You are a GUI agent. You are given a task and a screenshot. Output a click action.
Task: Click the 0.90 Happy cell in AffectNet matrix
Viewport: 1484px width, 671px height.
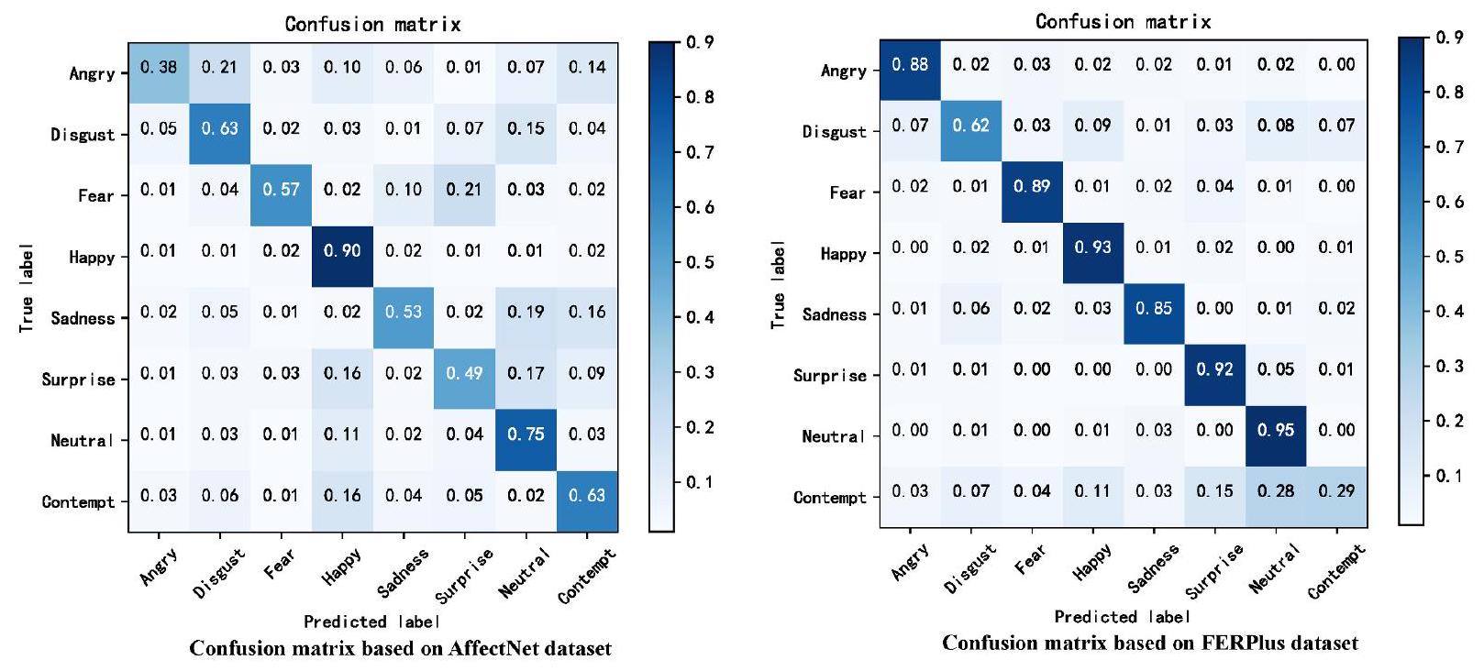342,250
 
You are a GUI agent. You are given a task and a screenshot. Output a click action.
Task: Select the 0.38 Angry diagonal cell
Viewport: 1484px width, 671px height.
159,67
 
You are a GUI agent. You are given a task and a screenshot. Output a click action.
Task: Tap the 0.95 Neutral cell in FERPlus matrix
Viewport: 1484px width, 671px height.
1276,430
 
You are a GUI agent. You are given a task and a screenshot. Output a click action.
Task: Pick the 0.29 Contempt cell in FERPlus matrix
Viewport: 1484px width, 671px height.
1336,491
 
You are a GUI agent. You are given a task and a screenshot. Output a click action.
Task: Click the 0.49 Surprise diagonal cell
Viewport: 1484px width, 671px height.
464,373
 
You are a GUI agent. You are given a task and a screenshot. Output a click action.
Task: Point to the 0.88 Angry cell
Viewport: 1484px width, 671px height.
910,64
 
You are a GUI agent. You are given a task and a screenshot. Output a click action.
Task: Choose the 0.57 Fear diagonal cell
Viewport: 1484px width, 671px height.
281,190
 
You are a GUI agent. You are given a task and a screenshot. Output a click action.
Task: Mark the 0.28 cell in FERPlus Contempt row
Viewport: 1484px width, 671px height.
1276,491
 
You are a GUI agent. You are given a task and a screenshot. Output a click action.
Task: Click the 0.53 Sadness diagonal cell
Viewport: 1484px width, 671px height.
404,312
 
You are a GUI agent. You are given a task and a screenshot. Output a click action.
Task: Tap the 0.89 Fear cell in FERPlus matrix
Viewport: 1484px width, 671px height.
1032,186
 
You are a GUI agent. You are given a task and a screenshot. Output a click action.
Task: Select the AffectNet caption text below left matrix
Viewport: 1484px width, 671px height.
400,649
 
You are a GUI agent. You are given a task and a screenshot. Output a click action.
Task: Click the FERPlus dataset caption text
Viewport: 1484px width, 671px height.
1150,643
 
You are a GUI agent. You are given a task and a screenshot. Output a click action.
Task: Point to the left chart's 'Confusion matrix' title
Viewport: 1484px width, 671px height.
372,24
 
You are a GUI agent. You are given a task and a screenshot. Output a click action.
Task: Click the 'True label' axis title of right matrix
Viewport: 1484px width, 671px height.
778,285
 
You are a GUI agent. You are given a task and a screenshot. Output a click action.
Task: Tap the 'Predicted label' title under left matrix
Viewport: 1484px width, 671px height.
371,621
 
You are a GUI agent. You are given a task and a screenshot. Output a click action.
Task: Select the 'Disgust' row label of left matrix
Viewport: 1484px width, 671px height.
83,135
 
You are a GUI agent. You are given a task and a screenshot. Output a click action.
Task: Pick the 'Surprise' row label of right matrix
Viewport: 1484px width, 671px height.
829,376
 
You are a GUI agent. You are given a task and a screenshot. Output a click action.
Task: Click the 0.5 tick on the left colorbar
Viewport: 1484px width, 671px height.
702,262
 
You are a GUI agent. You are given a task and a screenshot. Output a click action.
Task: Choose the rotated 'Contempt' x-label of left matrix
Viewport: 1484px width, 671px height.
586,576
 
